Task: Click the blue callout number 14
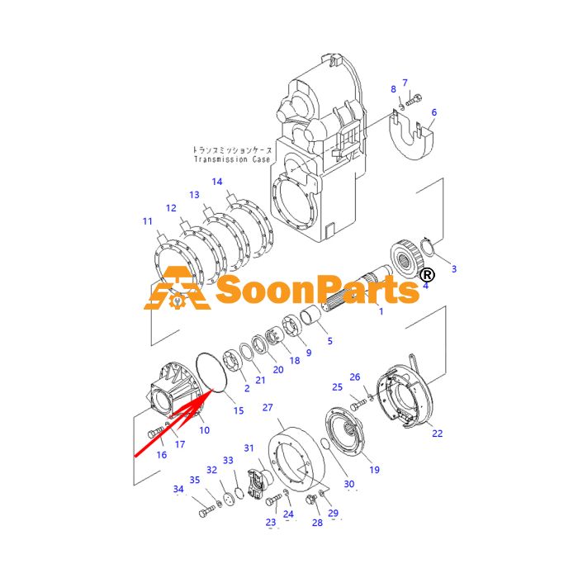217,182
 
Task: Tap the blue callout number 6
433,112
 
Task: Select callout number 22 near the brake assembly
437,433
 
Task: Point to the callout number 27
268,408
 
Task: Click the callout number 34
178,489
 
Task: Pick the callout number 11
148,221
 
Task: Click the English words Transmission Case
232,159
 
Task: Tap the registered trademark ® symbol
428,275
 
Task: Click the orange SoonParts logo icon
177,288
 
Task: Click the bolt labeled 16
155,433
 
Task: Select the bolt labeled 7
414,100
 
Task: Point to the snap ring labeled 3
429,247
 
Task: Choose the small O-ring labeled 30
325,444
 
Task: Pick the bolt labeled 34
206,512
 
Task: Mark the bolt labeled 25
358,406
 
